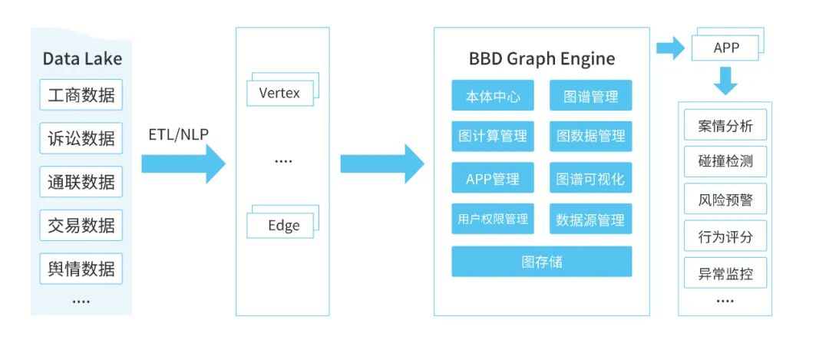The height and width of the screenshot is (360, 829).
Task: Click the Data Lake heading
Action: [81, 59]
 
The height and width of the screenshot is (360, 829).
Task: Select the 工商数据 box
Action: [81, 95]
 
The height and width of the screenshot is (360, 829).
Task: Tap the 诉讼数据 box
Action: [81, 138]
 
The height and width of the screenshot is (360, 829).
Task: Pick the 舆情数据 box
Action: [81, 269]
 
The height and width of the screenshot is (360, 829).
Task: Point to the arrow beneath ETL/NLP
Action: [183, 163]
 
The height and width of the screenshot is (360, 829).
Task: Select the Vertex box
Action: [279, 94]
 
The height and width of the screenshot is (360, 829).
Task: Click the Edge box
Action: [279, 226]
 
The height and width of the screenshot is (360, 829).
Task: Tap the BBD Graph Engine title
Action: [542, 59]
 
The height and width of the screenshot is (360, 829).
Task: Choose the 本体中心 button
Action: [493, 96]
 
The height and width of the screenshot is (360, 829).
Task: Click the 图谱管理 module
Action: [590, 96]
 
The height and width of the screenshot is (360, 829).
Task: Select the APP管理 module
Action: [493, 179]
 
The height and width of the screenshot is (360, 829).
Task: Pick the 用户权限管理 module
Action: [493, 219]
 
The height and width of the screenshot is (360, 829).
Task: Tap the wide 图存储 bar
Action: [542, 261]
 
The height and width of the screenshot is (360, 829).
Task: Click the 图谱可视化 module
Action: [590, 179]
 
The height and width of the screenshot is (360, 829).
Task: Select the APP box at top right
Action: [725, 48]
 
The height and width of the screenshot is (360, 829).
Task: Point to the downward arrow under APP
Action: [725, 79]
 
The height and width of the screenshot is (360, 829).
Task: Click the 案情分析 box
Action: [725, 126]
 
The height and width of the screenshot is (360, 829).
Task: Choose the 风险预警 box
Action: [725, 200]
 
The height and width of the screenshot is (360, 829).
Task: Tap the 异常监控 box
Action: [725, 273]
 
